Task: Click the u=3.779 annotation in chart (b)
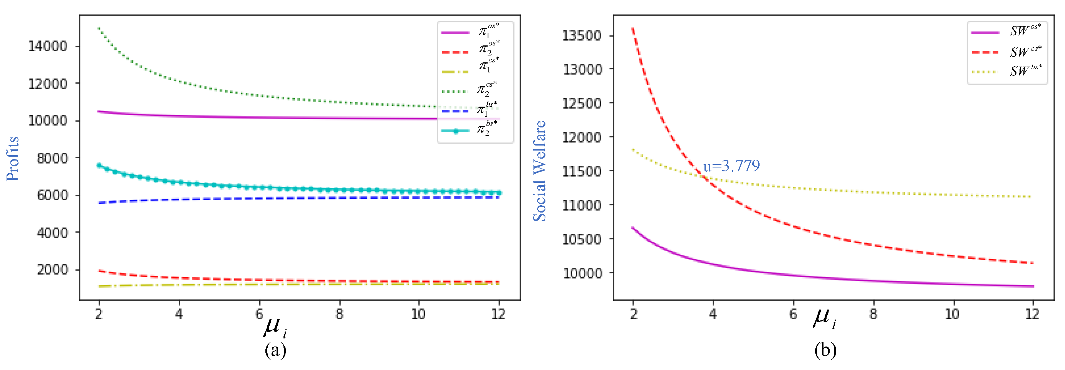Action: [x=731, y=166]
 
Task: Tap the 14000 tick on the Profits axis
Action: [x=47, y=46]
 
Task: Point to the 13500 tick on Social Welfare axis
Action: [x=582, y=35]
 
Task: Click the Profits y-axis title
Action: [x=12, y=159]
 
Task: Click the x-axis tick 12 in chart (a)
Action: [x=498, y=314]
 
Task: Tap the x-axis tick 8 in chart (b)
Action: [x=873, y=314]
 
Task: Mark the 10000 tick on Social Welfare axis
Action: [x=582, y=273]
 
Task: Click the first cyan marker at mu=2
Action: [x=99, y=165]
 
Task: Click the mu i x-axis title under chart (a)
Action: [x=275, y=327]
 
